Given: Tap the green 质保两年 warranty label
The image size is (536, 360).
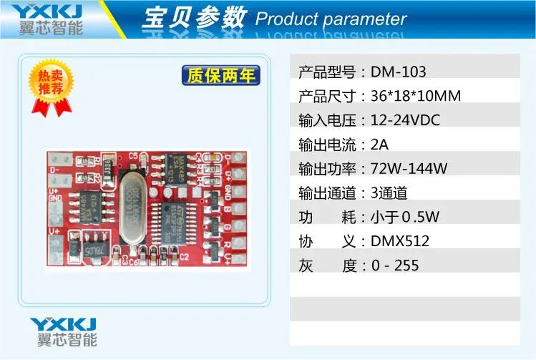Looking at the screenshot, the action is [220, 75].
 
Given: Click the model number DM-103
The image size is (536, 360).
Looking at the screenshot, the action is [399, 72].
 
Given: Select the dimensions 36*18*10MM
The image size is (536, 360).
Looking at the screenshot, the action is [416, 96].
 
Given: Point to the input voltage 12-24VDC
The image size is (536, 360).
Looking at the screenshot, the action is [405, 120].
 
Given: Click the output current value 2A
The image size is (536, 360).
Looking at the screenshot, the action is [379, 145].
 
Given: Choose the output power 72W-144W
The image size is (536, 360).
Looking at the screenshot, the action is [409, 169].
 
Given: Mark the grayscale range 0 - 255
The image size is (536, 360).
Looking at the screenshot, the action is [395, 266].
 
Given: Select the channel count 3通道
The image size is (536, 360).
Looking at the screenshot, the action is [389, 193].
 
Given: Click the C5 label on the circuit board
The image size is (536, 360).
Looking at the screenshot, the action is [132, 156].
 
